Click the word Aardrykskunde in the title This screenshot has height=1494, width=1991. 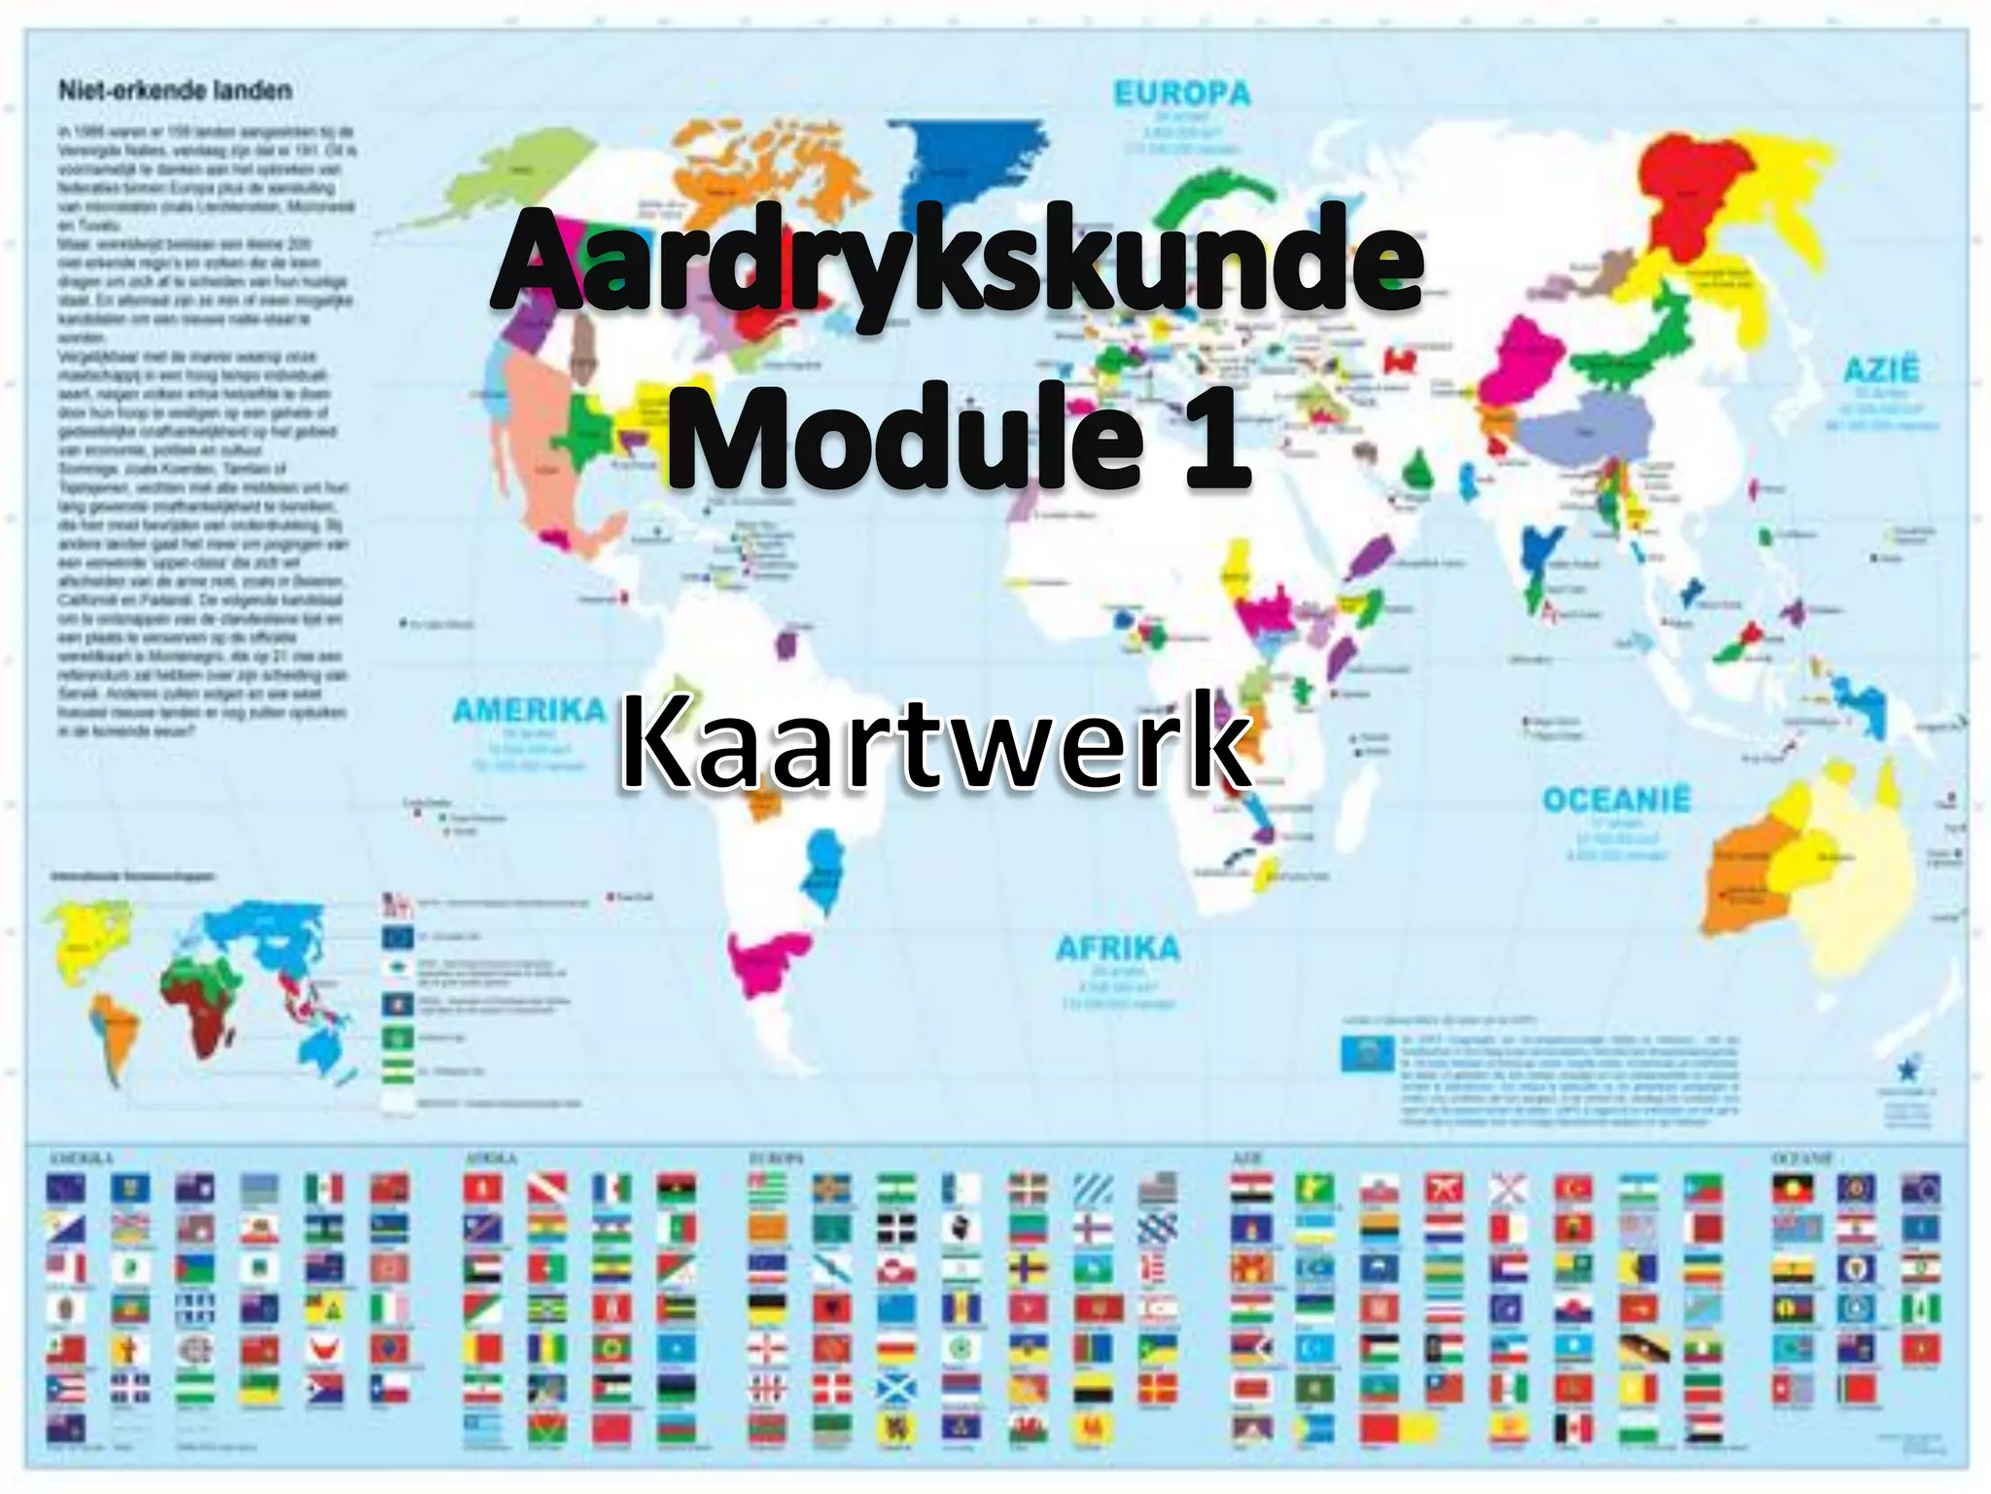coord(958,261)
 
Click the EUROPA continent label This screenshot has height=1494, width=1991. coord(1181,94)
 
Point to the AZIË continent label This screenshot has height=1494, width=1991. coord(1881,371)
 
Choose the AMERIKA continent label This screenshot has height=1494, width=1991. coord(529,711)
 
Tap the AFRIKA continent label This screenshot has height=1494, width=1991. coord(1118,947)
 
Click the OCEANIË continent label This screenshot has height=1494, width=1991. coord(1617,800)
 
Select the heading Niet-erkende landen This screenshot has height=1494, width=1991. coord(175,90)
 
